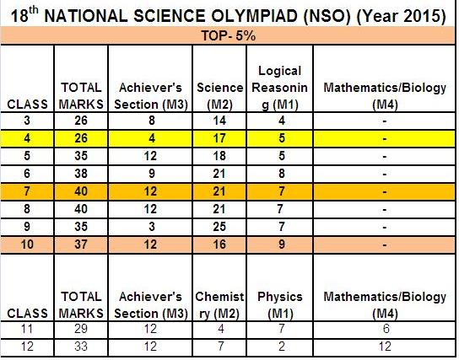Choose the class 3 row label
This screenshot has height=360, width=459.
pos(28,122)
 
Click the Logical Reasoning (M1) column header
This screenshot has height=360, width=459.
pos(278,87)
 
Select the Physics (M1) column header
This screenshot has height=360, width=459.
pos(278,305)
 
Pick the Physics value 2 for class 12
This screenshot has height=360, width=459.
pos(278,347)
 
